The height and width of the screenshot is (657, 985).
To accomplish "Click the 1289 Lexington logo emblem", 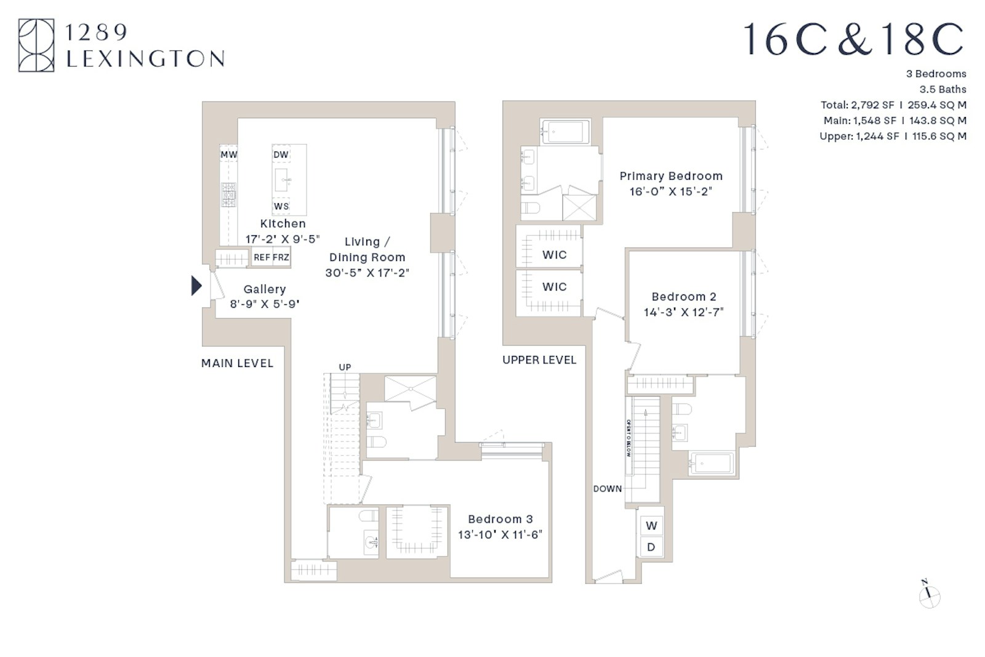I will coord(36,45).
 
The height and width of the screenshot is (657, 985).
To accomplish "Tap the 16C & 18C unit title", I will coord(853,40).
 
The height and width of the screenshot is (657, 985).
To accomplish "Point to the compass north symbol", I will coord(929,595).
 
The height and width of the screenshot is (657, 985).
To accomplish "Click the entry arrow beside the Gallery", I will coord(196,286).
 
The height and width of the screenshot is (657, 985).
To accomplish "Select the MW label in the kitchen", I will coord(229,155).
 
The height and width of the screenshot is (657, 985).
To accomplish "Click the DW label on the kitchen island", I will coord(281,155).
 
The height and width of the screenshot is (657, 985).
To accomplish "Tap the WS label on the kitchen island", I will coord(281,206).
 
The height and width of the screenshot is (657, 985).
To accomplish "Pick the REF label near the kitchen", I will coord(262,257).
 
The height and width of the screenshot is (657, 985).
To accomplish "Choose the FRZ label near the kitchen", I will coord(281,257).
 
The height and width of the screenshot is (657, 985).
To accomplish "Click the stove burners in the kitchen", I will coord(229,195).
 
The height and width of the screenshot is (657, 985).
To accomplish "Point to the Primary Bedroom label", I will coord(671,176).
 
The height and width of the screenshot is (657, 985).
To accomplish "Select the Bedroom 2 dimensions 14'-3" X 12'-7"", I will coord(684,312).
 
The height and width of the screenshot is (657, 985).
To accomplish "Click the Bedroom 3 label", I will coord(500,519).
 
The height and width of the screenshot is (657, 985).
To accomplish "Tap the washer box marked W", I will coord(651,526).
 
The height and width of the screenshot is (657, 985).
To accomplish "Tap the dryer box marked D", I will coord(651,547).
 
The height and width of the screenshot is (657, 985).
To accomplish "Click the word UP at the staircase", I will coord(345,368).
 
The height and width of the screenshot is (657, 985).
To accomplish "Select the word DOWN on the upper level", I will coord(608,489).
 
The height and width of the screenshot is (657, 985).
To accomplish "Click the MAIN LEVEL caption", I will coord(237,363).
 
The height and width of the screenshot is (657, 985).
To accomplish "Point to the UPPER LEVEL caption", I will coord(539,360).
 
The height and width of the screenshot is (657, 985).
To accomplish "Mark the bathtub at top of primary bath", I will coord(565,131).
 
